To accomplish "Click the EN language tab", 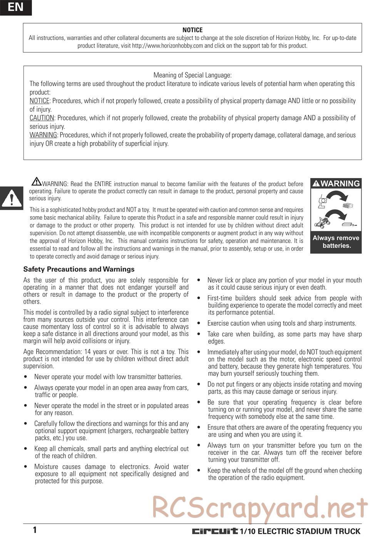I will click(x=15, y=7).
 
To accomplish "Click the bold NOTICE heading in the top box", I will click(x=192, y=30).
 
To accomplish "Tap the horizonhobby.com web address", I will click(x=167, y=46).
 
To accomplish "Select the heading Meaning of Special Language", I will click(x=192, y=75).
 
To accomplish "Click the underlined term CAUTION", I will click(x=42, y=118).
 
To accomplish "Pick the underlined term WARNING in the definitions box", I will click(x=44, y=135).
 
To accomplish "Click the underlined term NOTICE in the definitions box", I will click(x=40, y=101).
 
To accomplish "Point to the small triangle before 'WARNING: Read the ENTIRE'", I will click(x=37, y=181).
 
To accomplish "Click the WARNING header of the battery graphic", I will click(x=336, y=184).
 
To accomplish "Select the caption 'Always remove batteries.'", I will click(x=336, y=242).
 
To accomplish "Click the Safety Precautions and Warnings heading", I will click(x=79, y=269).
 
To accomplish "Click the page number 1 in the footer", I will click(x=35, y=530).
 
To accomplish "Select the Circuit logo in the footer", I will click(x=215, y=532).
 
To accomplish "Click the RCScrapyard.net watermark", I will click(x=260, y=507).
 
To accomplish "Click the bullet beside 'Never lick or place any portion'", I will click(x=199, y=281).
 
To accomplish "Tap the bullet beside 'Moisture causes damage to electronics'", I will click(x=25, y=467).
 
